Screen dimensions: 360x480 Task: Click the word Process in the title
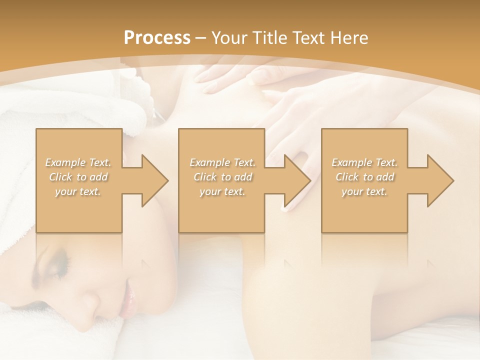(x=157, y=37)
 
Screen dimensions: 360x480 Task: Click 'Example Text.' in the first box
(x=78, y=162)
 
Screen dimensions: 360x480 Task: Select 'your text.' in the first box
(x=78, y=191)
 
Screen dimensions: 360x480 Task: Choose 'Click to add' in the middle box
(x=222, y=177)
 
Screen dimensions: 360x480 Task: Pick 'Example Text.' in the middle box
(x=222, y=162)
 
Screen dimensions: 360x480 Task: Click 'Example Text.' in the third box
(x=364, y=162)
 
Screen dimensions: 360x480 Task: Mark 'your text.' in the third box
(x=364, y=191)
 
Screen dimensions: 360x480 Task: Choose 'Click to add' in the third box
(x=364, y=177)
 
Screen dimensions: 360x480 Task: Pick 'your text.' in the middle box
(x=222, y=191)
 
